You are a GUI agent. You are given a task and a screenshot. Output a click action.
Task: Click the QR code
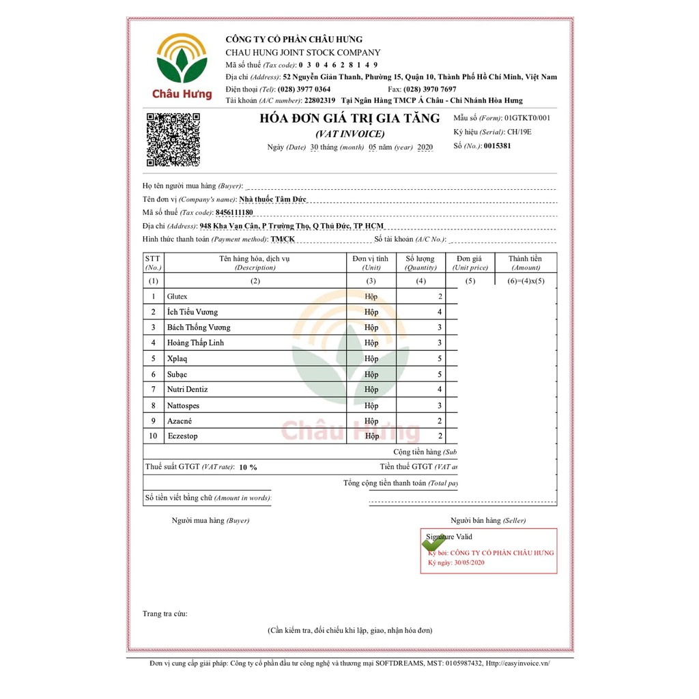tap(173, 140)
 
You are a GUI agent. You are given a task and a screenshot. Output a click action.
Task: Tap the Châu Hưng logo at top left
tap(182, 66)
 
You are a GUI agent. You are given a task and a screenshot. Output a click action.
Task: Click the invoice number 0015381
tap(497, 146)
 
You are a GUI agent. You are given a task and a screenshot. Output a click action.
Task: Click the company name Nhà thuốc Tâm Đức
tap(273, 199)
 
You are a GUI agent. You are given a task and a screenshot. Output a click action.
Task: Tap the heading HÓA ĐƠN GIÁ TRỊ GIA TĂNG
tap(349, 119)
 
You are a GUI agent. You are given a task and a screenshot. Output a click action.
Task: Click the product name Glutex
tap(177, 297)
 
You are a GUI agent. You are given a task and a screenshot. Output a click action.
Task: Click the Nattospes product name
tap(184, 405)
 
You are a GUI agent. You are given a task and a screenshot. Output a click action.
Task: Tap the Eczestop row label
tap(182, 436)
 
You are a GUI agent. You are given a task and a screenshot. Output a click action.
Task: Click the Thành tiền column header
tap(525, 263)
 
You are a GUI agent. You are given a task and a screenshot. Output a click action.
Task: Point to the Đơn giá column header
tap(470, 263)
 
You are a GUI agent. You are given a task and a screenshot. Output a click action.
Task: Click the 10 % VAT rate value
tap(248, 468)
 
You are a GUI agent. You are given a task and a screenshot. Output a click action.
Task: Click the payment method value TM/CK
tap(283, 240)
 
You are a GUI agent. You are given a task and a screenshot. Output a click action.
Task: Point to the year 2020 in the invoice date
tap(425, 147)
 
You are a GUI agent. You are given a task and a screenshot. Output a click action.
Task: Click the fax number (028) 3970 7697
tap(430, 89)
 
